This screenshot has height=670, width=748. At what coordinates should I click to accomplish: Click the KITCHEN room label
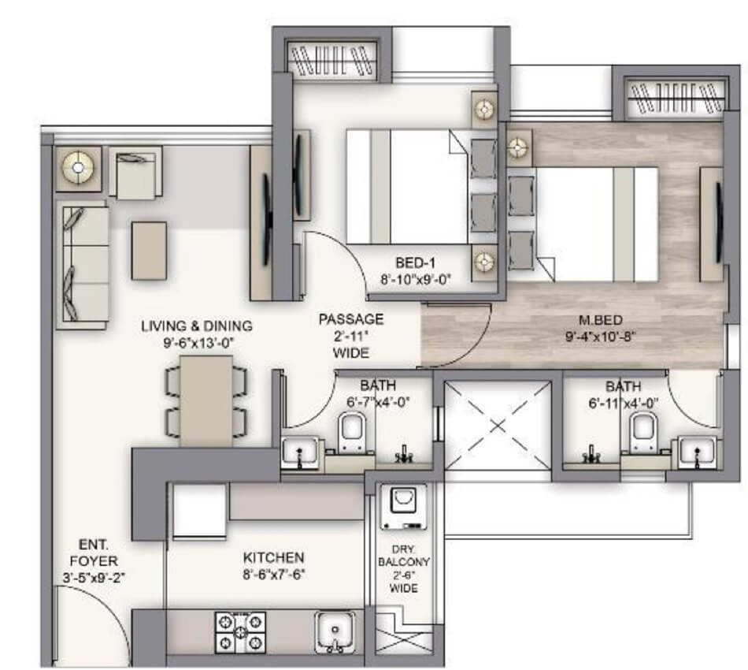[x=273, y=556]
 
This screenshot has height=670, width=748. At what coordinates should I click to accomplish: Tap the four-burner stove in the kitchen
[x=240, y=631]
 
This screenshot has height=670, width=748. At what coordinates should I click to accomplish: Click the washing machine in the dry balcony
[x=403, y=506]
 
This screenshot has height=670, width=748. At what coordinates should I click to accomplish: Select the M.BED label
[x=596, y=320]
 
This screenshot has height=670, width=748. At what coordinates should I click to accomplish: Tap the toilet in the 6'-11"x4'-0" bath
[x=643, y=432]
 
